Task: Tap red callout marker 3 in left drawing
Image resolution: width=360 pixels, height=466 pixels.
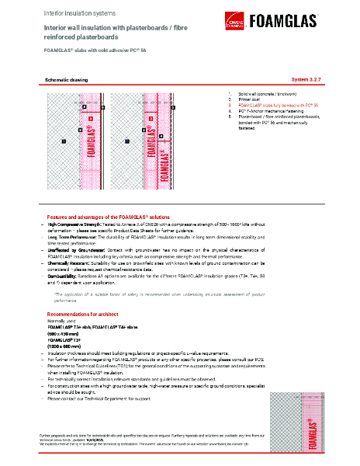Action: point(90,118)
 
